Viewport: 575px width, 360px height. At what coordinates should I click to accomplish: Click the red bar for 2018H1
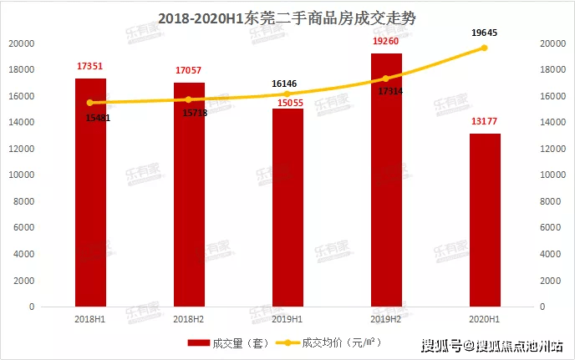point(90,192)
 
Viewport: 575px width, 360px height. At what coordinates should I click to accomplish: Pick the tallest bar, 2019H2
point(386,180)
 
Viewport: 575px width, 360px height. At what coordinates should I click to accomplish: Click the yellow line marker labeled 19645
point(485,48)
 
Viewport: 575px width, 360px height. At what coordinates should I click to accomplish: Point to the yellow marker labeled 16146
point(287,94)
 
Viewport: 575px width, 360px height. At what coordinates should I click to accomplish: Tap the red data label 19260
point(386,40)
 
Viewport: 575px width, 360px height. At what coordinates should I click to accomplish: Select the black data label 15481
point(98,117)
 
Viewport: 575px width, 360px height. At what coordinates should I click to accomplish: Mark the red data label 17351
point(90,65)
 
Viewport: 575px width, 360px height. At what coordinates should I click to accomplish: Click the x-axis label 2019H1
point(287,318)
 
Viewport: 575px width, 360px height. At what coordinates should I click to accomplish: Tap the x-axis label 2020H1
point(485,318)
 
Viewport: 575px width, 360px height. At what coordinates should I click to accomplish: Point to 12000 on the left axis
point(23,149)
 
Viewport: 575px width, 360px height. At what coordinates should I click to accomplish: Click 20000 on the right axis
point(555,43)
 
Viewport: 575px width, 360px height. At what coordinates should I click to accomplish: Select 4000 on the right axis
point(552,254)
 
